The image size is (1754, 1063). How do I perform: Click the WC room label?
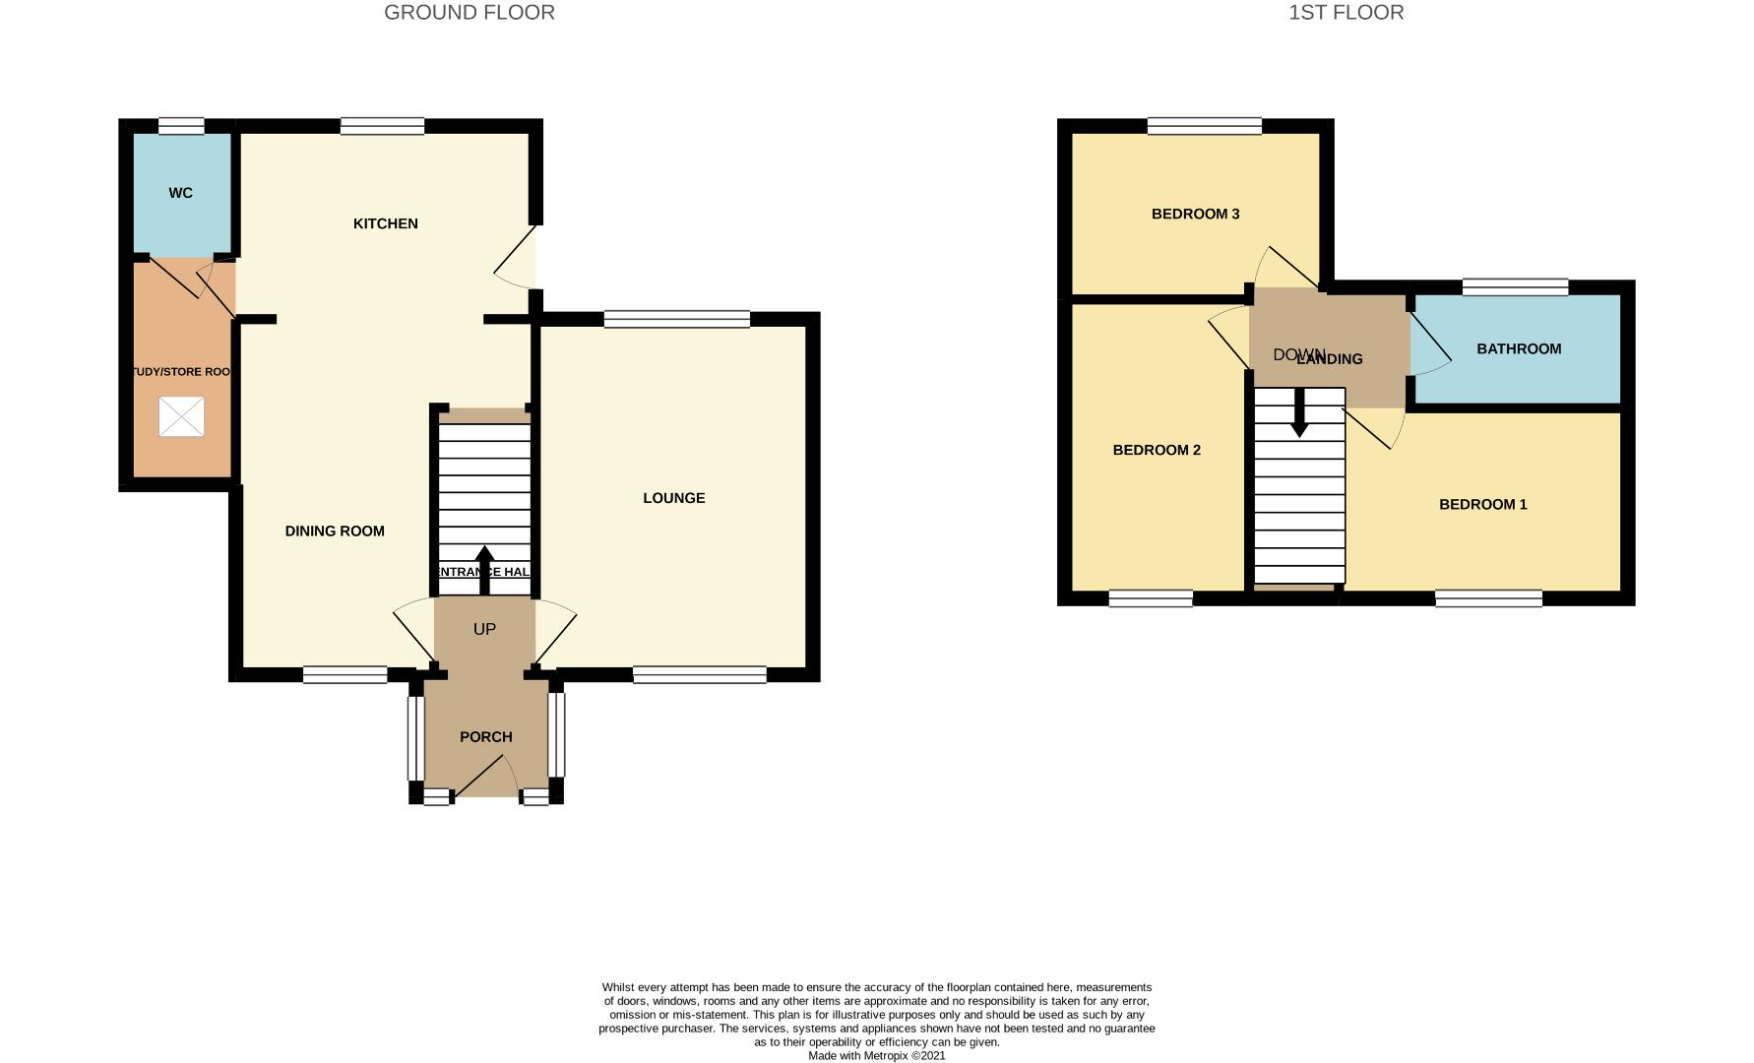(180, 193)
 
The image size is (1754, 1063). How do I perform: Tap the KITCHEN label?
(386, 223)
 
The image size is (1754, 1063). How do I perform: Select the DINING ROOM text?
(335, 531)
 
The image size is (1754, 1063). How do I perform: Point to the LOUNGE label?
(674, 498)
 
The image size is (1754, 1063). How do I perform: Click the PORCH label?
(486, 736)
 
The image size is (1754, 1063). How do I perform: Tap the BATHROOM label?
(1519, 348)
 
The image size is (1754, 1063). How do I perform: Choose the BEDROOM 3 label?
(1195, 214)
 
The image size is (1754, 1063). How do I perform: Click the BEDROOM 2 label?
(1157, 450)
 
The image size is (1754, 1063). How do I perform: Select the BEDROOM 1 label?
(1482, 504)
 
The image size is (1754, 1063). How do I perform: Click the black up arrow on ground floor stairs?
(484, 569)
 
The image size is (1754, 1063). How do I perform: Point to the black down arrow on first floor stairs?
(1299, 413)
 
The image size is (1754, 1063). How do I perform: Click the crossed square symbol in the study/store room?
(181, 416)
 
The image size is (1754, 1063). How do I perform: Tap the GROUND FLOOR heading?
(470, 13)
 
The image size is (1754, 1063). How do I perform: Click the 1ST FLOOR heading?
(1346, 13)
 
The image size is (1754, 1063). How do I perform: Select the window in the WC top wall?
(181, 125)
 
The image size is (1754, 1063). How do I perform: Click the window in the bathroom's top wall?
(1515, 286)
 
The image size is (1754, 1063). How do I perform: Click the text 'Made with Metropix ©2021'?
(876, 1055)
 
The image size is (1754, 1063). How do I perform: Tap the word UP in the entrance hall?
(484, 629)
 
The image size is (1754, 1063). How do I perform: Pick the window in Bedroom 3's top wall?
(1204, 125)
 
